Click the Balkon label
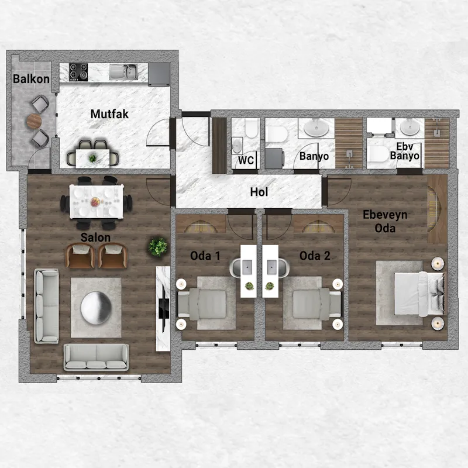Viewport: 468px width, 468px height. pos(31,79)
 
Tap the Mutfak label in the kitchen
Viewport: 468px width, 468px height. pos(109,114)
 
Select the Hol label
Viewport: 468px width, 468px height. pos(259,192)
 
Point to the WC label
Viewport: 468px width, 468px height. pos(246,160)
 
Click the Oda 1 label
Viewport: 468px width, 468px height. pos(205,256)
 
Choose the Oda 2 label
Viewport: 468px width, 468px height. pos(315,256)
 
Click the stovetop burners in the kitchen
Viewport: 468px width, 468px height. pos(78,72)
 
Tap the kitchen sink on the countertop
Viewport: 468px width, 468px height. pos(123,72)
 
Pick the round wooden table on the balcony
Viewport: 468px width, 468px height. pos(34,121)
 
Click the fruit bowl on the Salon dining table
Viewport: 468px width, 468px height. pos(95,202)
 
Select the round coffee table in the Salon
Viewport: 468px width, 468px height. pos(96,308)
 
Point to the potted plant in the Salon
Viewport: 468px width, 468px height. pos(158,247)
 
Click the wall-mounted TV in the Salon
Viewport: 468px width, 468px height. pos(163,308)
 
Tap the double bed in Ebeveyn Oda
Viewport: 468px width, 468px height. pos(420,294)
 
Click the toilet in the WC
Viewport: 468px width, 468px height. pos(252,128)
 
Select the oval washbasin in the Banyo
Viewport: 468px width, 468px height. pos(316,128)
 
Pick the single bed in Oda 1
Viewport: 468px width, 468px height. pos(202,304)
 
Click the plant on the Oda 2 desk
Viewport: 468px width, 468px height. pos(269,286)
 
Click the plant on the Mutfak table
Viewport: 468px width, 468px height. pos(92,158)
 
